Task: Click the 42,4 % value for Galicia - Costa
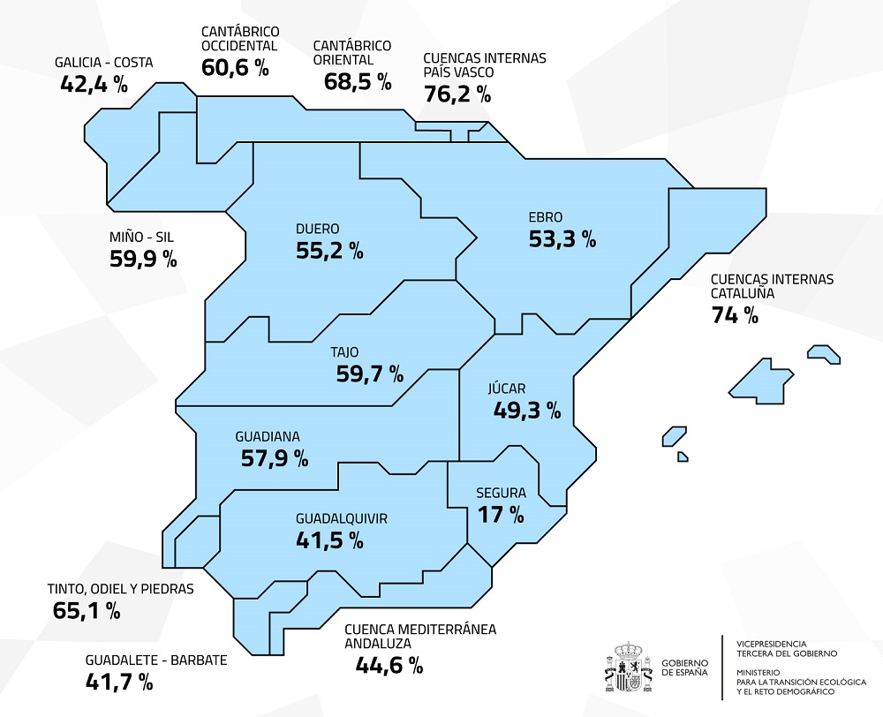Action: pos(94,84)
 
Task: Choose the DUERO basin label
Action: pos(318,229)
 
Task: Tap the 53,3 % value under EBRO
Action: pos(562,238)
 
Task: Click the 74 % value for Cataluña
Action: pos(735,314)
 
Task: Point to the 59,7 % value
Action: pos(369,374)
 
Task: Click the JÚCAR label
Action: pos(507,388)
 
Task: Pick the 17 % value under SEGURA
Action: pos(501,514)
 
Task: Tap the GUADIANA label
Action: pos(268,436)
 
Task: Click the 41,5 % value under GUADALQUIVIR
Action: pos(329,540)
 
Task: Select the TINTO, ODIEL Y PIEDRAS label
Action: pos(119,588)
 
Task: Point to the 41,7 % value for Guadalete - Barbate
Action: pos(119,681)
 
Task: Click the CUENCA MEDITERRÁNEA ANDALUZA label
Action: pos(420,636)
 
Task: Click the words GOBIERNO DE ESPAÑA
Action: pos(684,668)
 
